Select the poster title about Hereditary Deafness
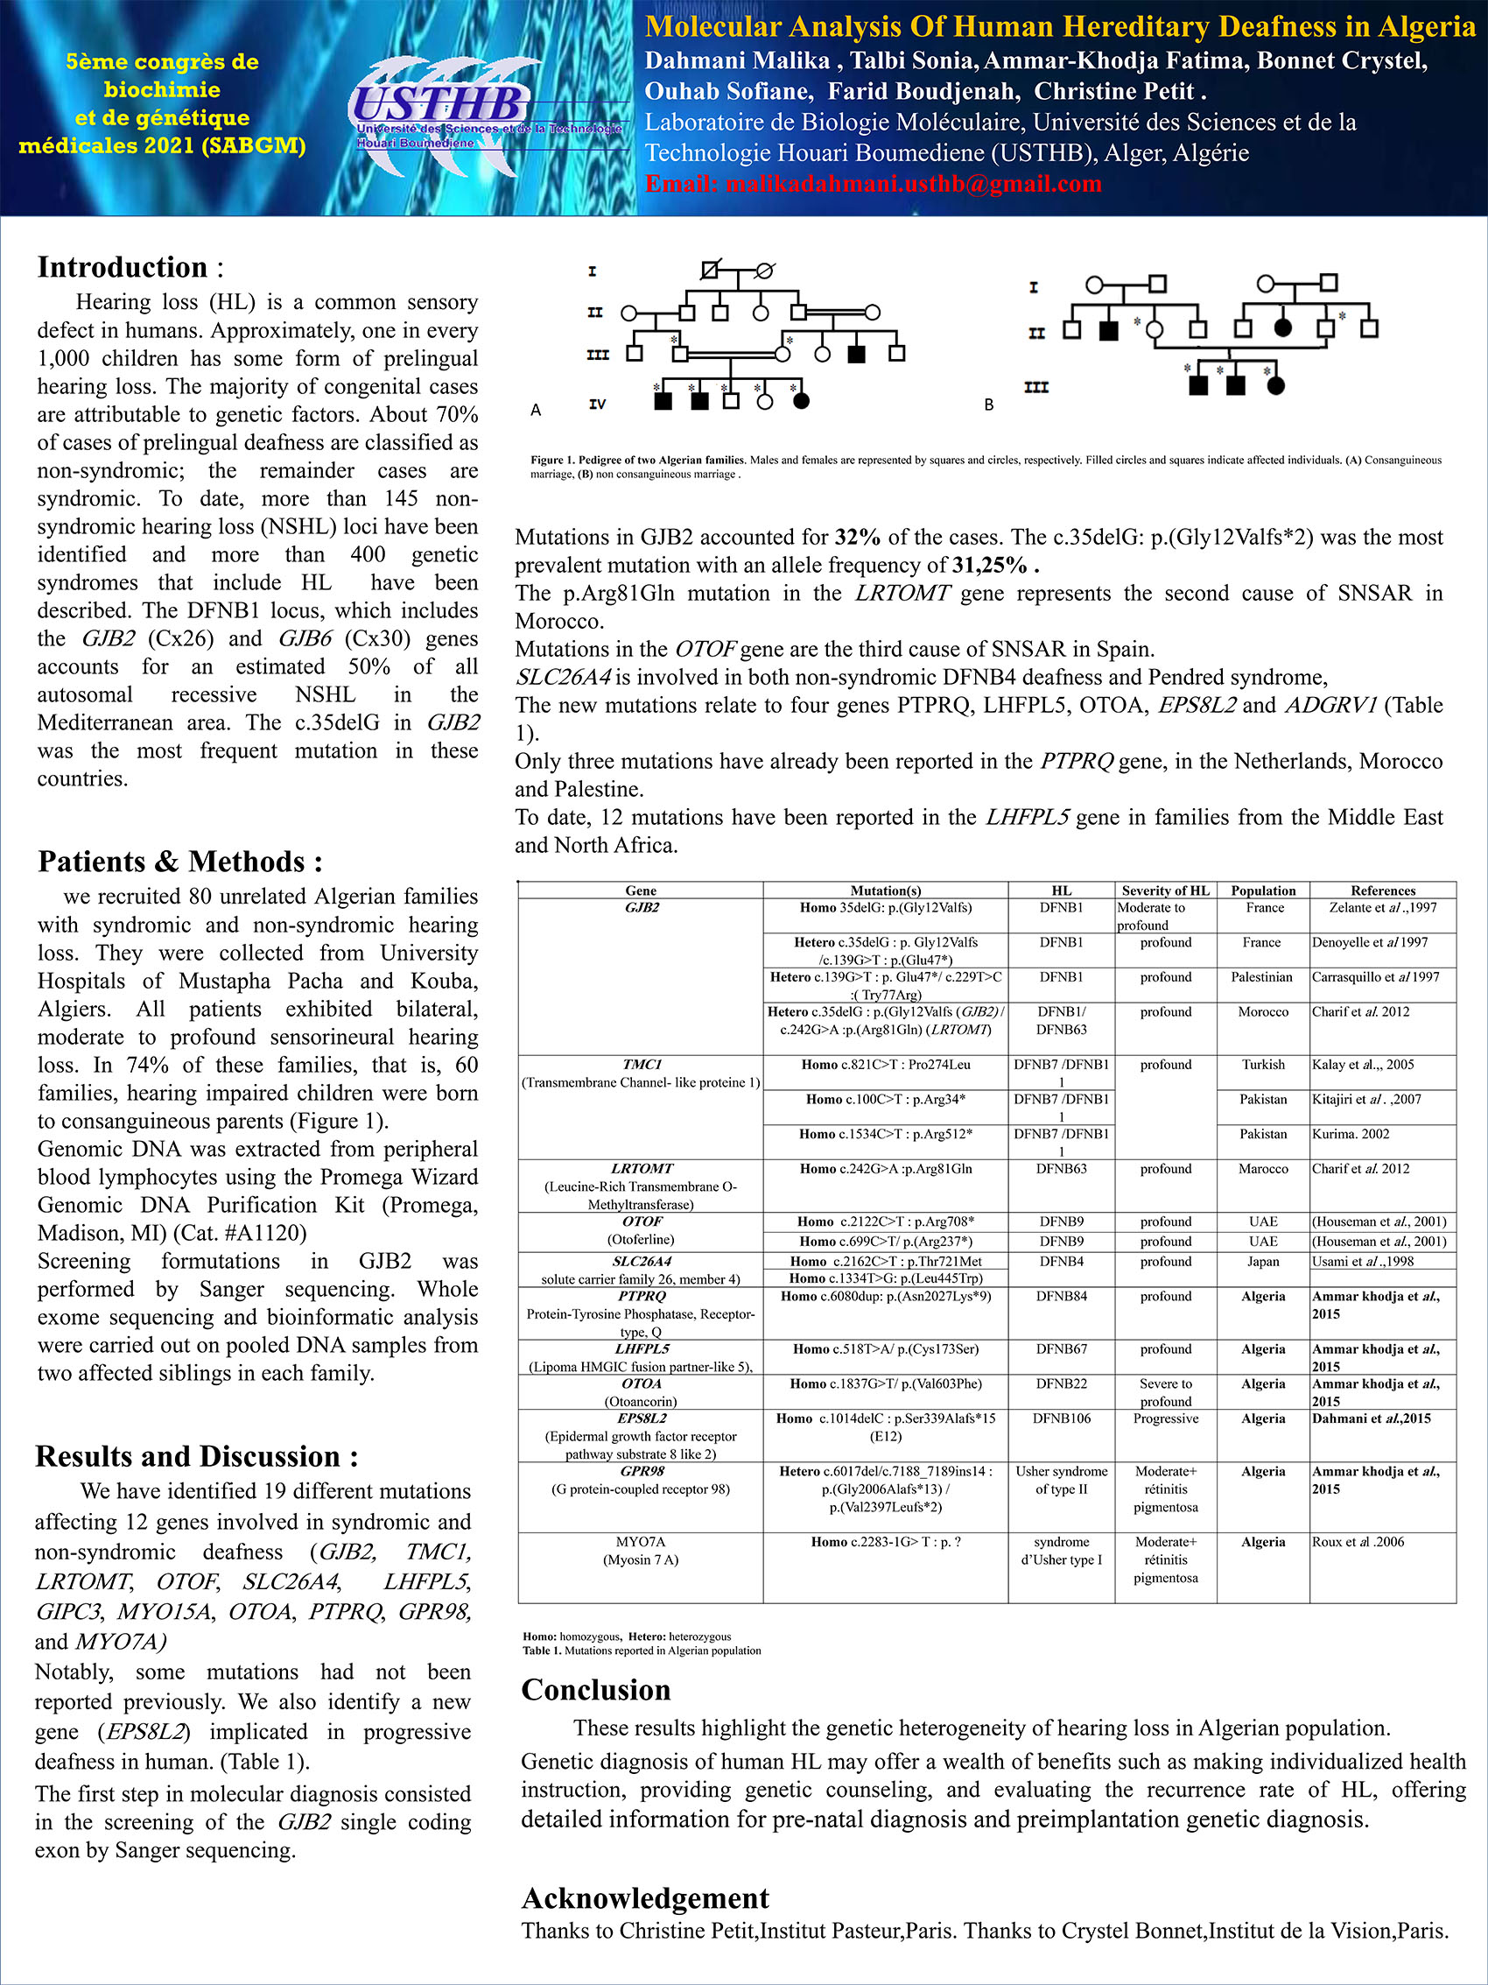click(1059, 27)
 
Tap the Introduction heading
click(123, 267)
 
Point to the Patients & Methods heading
click(179, 862)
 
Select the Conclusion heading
click(595, 1690)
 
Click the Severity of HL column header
click(1165, 890)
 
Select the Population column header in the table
click(1263, 890)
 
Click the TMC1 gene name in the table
click(642, 1064)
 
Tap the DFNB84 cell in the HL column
click(1061, 1296)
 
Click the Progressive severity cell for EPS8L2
click(1165, 1418)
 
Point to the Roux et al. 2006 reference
click(1358, 1542)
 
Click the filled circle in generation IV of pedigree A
click(802, 401)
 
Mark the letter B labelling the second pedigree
click(989, 405)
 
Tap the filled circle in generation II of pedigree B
click(1282, 328)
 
